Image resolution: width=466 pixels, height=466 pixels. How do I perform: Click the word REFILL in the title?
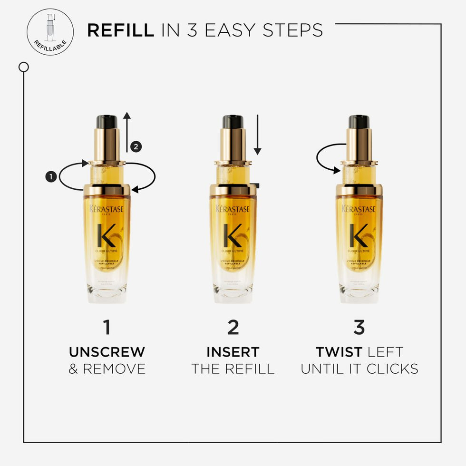click(x=120, y=30)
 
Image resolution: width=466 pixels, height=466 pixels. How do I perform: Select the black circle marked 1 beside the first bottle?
click(x=51, y=177)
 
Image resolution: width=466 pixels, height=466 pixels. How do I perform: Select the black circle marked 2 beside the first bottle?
click(x=136, y=147)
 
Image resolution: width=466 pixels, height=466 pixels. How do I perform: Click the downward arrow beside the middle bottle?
click(x=257, y=134)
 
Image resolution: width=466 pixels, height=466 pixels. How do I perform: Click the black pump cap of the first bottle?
click(x=107, y=122)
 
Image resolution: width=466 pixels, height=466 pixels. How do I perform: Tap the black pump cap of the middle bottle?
click(x=233, y=122)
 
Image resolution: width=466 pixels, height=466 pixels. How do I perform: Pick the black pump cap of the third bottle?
click(x=359, y=122)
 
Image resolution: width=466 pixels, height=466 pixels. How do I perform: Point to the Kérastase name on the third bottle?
click(x=359, y=209)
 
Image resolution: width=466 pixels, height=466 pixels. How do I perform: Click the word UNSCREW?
click(x=107, y=352)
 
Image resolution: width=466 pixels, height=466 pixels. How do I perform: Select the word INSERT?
click(x=233, y=352)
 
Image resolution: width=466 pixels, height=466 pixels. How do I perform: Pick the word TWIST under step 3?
click(x=339, y=352)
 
